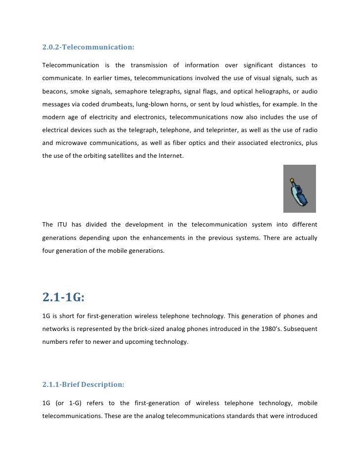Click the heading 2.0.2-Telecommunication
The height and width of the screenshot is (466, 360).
(89, 48)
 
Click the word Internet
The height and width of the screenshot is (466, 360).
(159, 156)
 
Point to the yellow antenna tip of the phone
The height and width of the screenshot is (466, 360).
(292, 180)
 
